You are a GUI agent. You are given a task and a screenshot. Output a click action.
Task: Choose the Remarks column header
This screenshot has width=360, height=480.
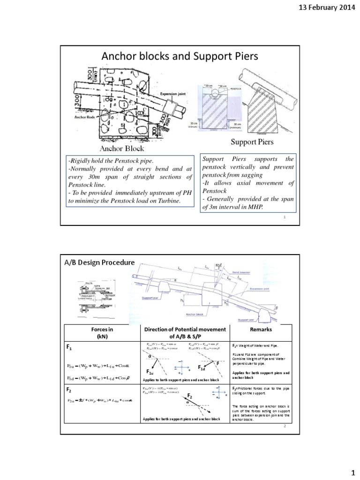(261, 330)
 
